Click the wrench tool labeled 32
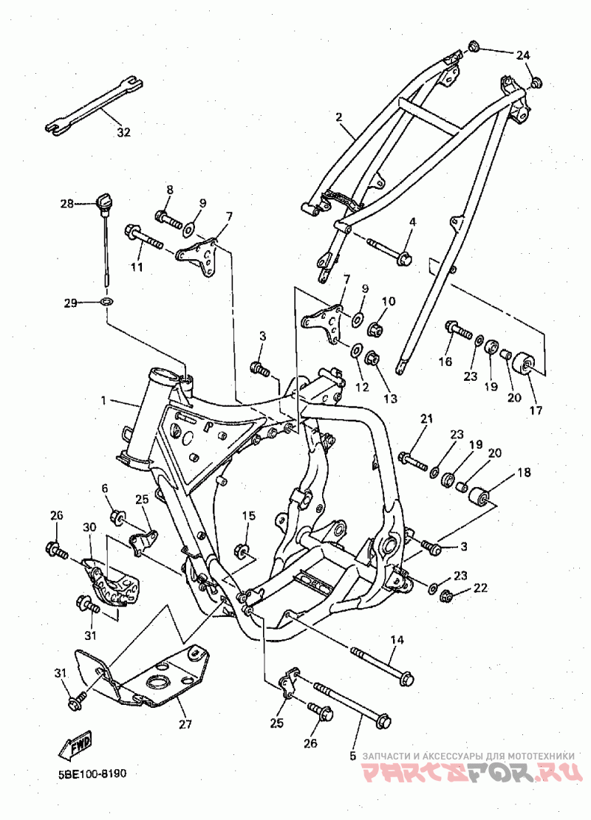pyautogui.click(x=95, y=104)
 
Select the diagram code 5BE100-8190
pyautogui.click(x=92, y=774)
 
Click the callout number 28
pyautogui.click(x=67, y=204)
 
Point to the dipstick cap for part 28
pyautogui.click(x=103, y=201)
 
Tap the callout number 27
pyautogui.click(x=185, y=724)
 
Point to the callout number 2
pyautogui.click(x=338, y=116)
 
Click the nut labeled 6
pyautogui.click(x=117, y=518)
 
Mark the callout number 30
pyautogui.click(x=89, y=527)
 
